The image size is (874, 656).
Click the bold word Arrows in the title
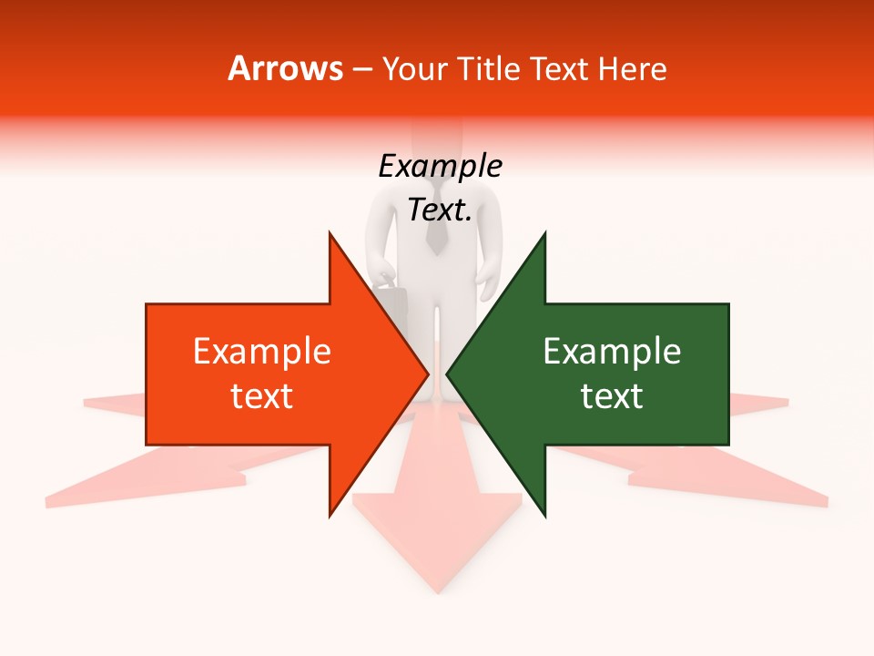285,68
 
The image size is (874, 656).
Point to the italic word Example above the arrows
440,166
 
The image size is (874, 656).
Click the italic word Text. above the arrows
440,210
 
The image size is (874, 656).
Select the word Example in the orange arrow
262,352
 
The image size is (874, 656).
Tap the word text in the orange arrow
262,396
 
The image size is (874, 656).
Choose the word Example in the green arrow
612,352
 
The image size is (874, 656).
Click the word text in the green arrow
612,396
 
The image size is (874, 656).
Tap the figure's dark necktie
437,231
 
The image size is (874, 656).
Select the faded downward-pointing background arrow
436,547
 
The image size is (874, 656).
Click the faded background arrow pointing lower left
137,478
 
